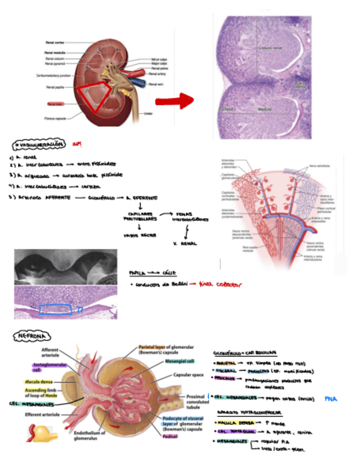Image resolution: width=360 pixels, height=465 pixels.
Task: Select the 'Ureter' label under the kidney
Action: coord(148,114)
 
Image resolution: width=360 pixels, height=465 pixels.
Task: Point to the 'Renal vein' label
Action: coord(156,84)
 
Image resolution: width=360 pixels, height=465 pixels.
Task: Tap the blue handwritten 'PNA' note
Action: coord(331,399)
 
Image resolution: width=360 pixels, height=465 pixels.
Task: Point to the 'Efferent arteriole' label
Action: coord(42,415)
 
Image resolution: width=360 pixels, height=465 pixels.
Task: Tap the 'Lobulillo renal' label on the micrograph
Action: coord(271,47)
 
